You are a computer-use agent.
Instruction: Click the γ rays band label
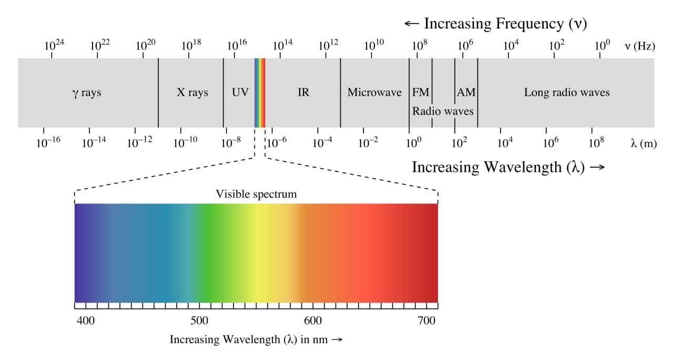click(87, 93)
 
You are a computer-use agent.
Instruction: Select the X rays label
click(192, 93)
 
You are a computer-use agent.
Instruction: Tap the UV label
click(240, 93)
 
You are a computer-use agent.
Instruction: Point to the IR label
click(303, 93)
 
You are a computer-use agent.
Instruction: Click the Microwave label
click(374, 93)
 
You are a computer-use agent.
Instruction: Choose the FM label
click(421, 93)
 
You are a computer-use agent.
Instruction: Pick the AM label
click(466, 93)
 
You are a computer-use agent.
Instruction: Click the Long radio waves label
click(567, 93)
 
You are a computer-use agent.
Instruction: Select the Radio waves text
click(443, 111)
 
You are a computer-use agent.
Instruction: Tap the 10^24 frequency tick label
click(54, 45)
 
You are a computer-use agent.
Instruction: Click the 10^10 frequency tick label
click(374, 45)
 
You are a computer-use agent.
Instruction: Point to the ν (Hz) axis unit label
click(639, 46)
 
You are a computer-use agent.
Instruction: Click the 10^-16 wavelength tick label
click(48, 142)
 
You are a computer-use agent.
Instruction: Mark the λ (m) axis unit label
click(644, 143)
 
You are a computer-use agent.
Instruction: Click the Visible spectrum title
click(256, 194)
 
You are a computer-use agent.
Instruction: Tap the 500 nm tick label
click(199, 321)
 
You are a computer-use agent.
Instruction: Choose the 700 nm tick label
click(426, 321)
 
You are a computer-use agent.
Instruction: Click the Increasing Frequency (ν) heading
click(495, 24)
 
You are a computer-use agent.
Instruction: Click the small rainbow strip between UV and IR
click(260, 93)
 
